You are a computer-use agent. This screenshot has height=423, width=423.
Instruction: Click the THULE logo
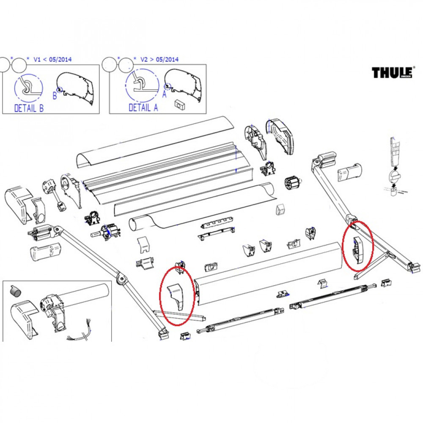(x=392, y=72)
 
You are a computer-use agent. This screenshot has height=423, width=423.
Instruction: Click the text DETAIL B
(x=29, y=108)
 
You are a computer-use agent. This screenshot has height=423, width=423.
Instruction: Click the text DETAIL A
(x=143, y=108)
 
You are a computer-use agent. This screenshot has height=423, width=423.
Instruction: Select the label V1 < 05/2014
(x=52, y=59)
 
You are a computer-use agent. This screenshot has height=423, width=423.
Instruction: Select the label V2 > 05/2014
(x=159, y=59)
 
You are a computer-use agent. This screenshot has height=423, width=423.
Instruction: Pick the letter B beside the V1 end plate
(x=55, y=96)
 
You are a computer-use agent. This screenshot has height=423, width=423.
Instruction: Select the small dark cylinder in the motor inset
(x=15, y=291)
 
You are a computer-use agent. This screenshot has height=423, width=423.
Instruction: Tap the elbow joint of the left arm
(x=121, y=280)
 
